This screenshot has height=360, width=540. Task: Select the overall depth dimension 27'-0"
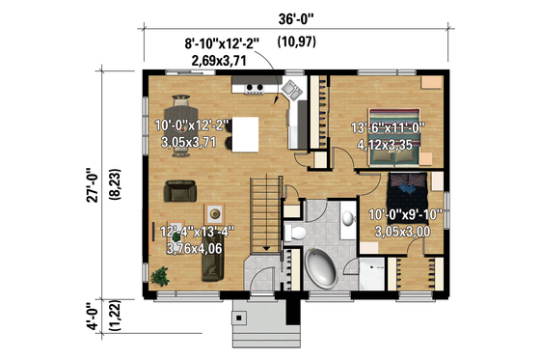click(x=91, y=184)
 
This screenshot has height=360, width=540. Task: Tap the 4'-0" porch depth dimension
click(x=91, y=317)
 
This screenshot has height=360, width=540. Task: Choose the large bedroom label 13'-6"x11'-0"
click(x=384, y=134)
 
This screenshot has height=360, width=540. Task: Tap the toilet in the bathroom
click(x=296, y=233)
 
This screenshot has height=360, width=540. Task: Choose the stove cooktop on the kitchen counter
click(x=256, y=89)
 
